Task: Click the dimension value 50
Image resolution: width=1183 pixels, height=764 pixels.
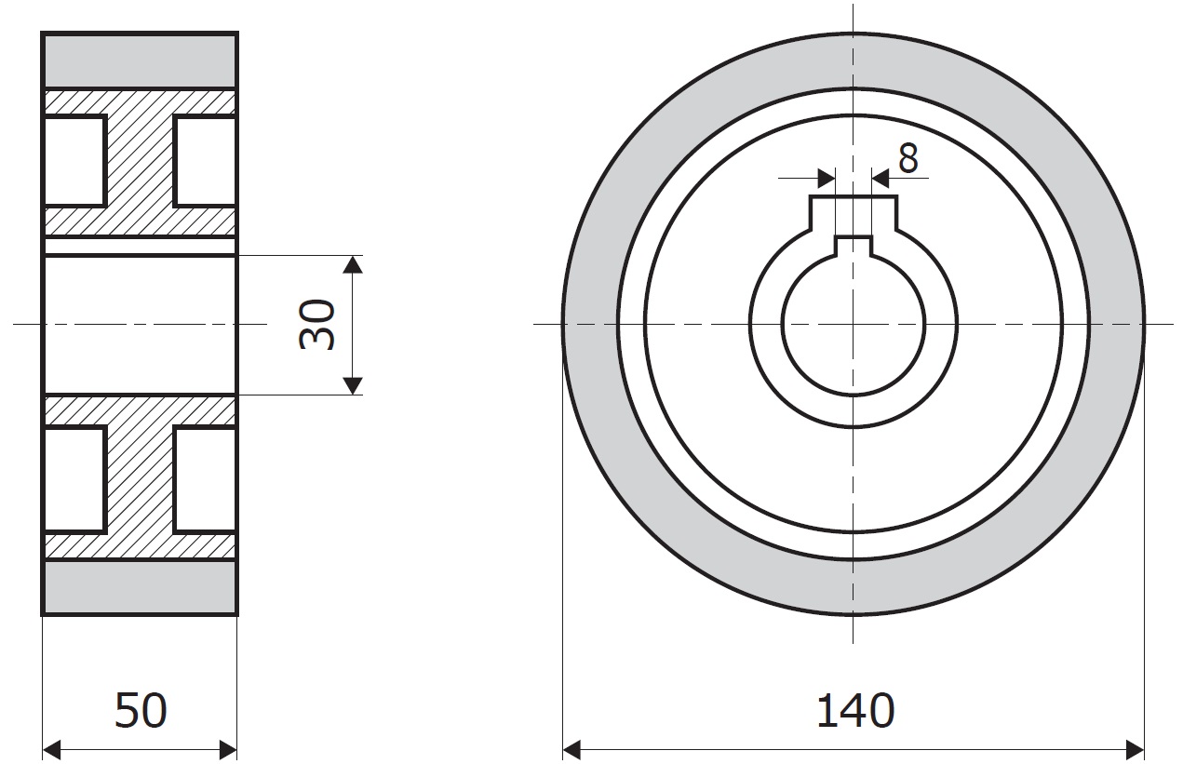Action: click(141, 710)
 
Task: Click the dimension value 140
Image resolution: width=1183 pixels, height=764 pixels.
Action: click(855, 711)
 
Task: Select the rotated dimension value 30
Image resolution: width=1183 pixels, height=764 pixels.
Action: click(316, 324)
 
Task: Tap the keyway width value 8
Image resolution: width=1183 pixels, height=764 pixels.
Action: click(907, 158)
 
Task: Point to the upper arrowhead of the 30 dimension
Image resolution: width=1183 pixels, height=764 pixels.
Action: click(353, 264)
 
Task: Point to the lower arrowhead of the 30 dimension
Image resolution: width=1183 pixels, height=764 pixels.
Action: click(353, 386)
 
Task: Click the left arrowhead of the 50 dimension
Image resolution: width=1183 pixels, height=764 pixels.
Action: click(51, 750)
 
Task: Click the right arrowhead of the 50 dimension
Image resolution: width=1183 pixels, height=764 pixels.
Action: click(228, 750)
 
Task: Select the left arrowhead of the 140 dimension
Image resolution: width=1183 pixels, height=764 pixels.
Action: click(572, 750)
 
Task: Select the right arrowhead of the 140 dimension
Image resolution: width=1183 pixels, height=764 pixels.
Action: click(1135, 750)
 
